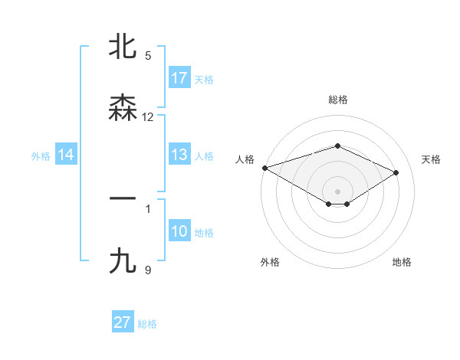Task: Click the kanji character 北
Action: pyautogui.click(x=123, y=47)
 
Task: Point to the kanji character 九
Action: pyautogui.click(x=123, y=261)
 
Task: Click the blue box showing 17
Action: pyautogui.click(x=179, y=78)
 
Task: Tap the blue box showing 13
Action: pyautogui.click(x=179, y=155)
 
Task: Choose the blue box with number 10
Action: pyautogui.click(x=179, y=232)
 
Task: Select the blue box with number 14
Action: pyautogui.click(x=66, y=155)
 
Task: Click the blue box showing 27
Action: pyautogui.click(x=123, y=322)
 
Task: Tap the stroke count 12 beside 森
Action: pyautogui.click(x=148, y=117)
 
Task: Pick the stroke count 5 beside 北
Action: pyautogui.click(x=148, y=56)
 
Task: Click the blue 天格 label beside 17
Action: pyautogui.click(x=204, y=79)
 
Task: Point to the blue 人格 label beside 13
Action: pyautogui.click(x=204, y=156)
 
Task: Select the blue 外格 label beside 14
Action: pyautogui.click(x=41, y=156)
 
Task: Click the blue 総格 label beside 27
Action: pyautogui.click(x=147, y=323)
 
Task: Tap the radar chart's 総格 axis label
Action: pyautogui.click(x=338, y=100)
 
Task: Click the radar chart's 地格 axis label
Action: pyautogui.click(x=402, y=262)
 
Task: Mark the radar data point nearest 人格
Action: pyautogui.click(x=264, y=168)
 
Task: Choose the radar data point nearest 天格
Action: pyautogui.click(x=396, y=172)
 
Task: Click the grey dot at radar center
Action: pyautogui.click(x=338, y=191)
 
